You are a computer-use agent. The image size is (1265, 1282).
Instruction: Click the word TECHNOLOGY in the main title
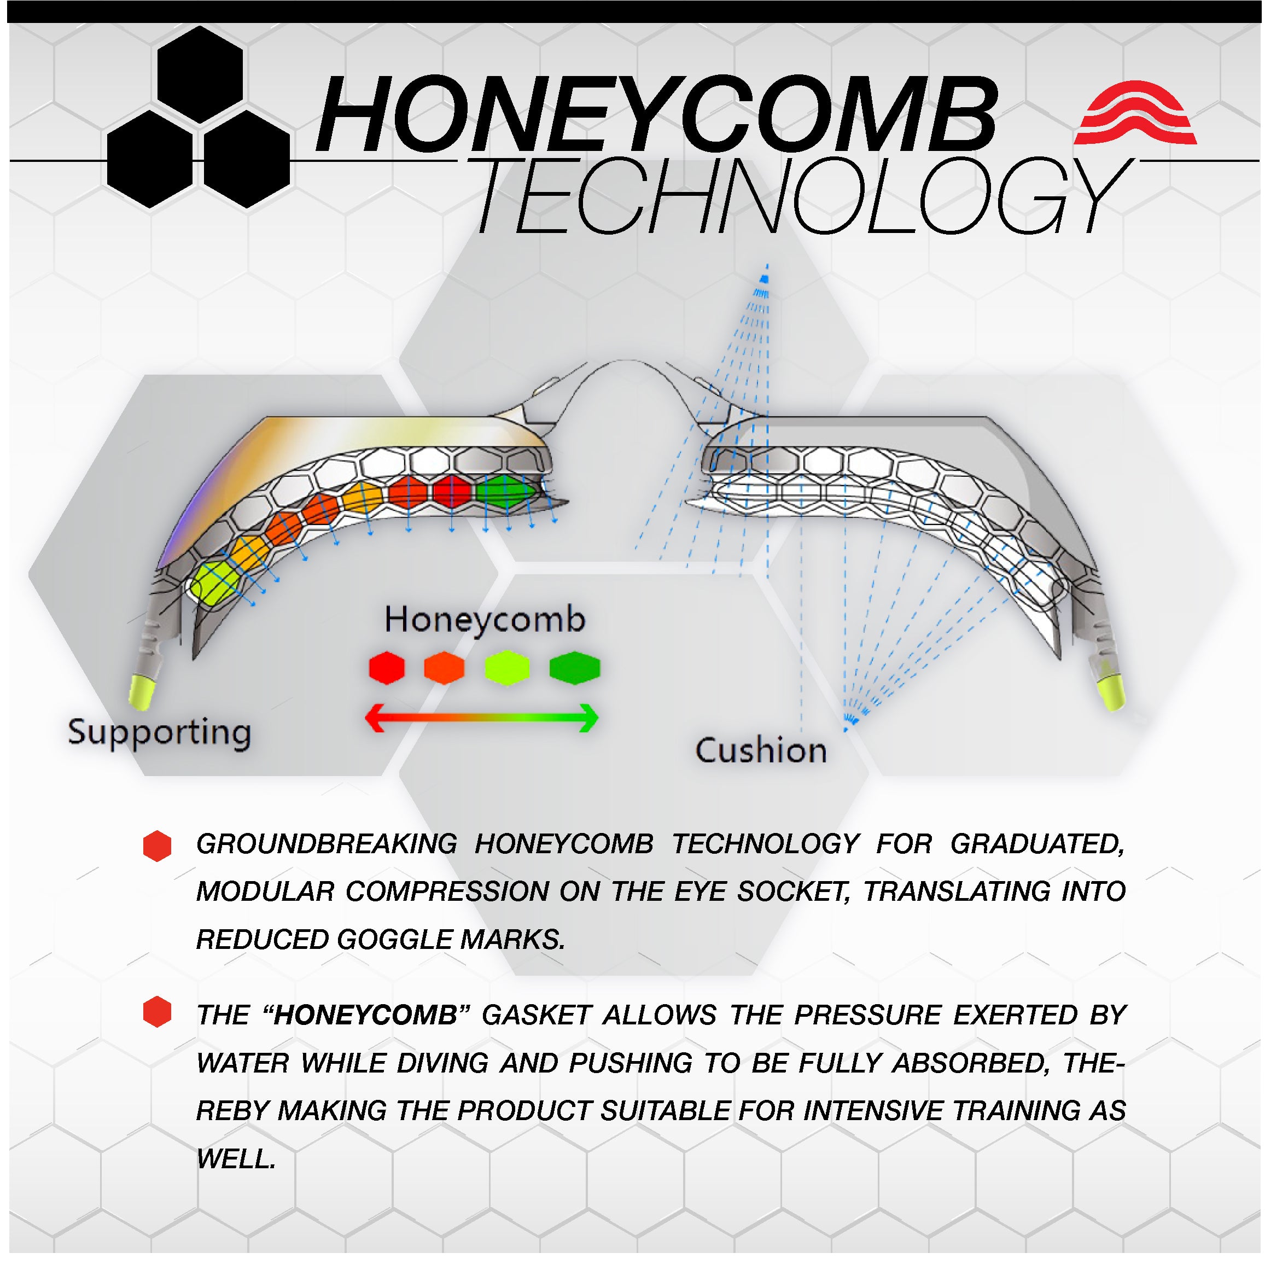click(803, 196)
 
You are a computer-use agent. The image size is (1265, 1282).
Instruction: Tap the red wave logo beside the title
click(1135, 112)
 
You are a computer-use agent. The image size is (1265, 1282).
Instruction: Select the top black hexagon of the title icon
click(200, 74)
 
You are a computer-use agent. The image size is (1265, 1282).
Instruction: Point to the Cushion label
click(761, 750)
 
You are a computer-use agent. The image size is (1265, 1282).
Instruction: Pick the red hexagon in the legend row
click(387, 668)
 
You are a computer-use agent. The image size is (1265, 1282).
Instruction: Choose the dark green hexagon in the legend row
click(575, 668)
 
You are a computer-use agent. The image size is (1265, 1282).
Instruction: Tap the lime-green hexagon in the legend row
click(507, 668)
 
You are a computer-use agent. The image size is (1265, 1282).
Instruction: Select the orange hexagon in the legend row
click(444, 668)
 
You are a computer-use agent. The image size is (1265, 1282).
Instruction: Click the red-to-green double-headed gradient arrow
click(482, 718)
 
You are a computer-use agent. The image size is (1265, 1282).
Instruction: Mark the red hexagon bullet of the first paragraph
click(158, 846)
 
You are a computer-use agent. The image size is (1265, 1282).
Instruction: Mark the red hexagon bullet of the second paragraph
click(158, 1012)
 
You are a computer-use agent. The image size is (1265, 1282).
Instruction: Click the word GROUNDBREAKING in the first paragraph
click(327, 844)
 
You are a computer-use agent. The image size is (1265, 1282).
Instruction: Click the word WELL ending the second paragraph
click(236, 1158)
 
